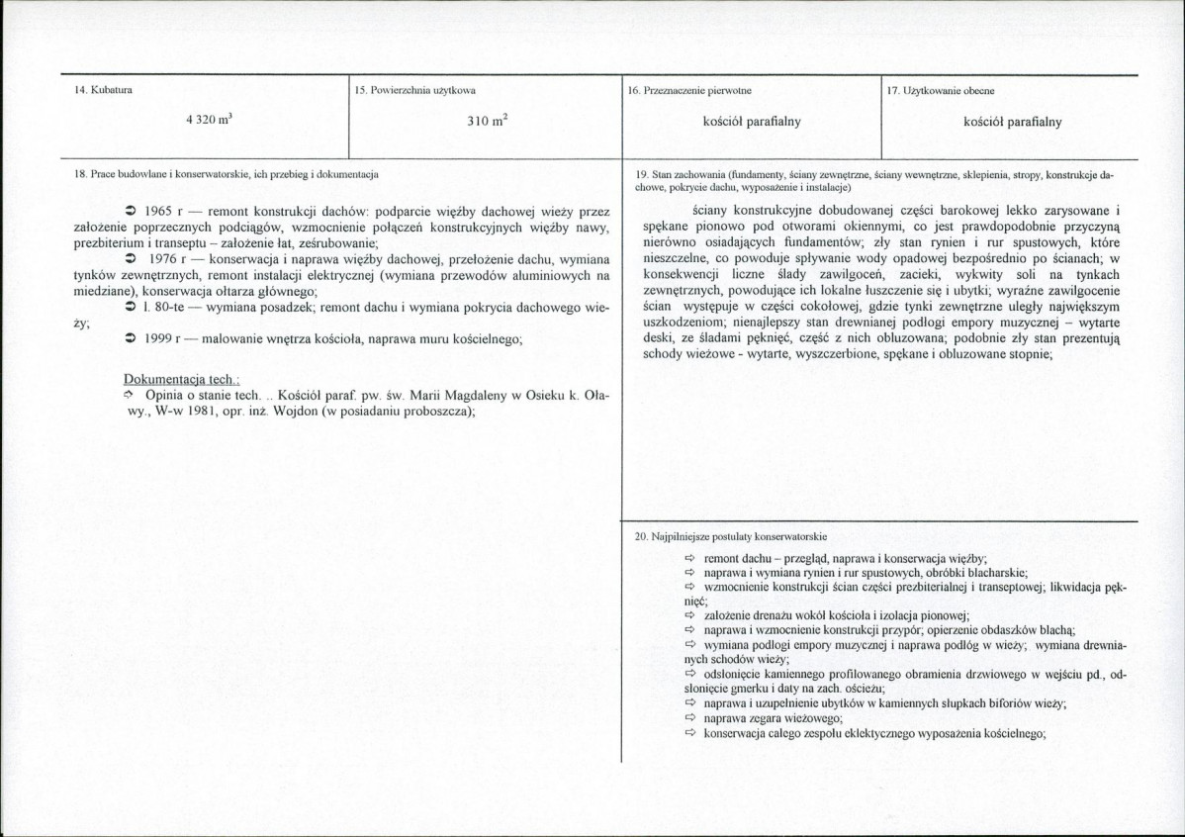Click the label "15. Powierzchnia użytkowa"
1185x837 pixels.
click(x=414, y=91)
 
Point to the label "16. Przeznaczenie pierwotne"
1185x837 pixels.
click(x=689, y=91)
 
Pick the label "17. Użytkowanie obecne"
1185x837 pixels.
click(x=942, y=91)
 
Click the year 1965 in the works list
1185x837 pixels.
click(x=159, y=212)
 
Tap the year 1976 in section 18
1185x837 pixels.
click(x=159, y=259)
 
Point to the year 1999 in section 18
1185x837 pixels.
click(x=159, y=339)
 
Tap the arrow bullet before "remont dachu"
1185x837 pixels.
click(x=690, y=559)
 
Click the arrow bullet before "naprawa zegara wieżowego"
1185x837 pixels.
click(x=690, y=719)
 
